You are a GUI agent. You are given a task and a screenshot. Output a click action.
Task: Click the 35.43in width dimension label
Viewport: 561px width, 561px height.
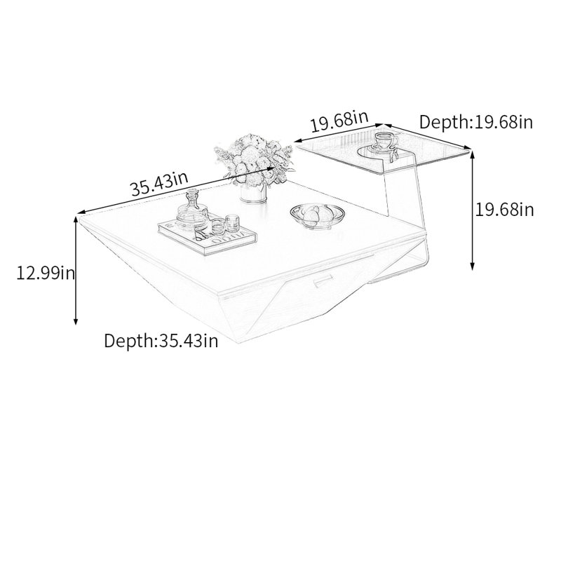tap(159, 184)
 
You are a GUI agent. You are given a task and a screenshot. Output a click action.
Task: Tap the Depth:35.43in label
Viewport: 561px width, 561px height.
tap(161, 340)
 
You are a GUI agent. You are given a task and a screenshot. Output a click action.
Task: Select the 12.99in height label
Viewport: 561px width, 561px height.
tap(46, 273)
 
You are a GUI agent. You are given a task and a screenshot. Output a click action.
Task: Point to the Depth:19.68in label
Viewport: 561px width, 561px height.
tap(476, 122)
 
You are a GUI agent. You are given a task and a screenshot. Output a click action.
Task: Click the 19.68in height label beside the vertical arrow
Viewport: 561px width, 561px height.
tap(504, 209)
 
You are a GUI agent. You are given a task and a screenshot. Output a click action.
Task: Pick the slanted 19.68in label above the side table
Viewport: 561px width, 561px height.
tap(339, 121)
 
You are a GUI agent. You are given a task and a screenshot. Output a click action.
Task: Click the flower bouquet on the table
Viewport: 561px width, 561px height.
tap(255, 159)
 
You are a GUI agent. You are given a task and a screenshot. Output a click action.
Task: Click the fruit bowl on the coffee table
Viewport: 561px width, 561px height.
tap(318, 215)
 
